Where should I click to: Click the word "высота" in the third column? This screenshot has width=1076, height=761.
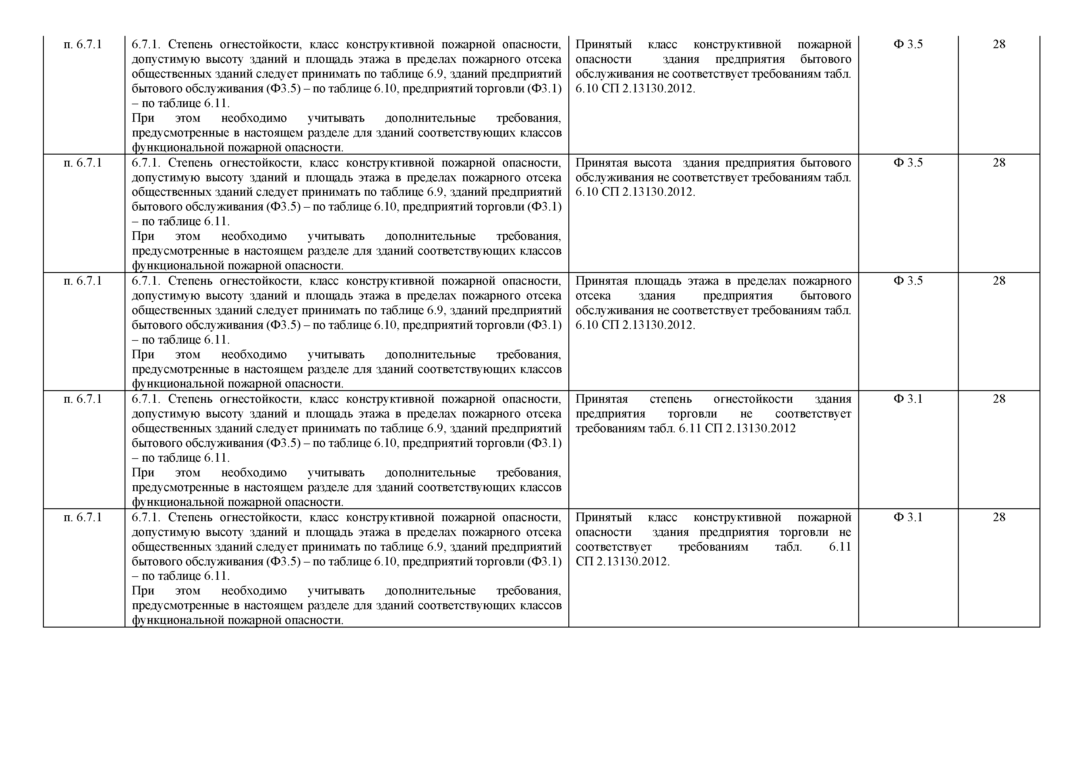point(653,163)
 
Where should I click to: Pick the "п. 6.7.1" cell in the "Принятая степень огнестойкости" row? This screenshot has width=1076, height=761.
point(83,399)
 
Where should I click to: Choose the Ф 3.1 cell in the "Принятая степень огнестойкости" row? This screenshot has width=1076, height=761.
point(908,399)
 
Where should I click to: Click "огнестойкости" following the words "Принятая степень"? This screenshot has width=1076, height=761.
point(753,399)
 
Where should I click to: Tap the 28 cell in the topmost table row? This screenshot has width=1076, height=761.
point(999,44)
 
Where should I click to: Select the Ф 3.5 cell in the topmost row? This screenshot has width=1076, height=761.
point(908,44)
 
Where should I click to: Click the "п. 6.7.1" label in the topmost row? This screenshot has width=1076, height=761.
point(83,44)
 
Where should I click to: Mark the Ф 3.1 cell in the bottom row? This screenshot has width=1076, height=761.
point(908,517)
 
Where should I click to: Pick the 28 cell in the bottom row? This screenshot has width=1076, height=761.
point(999,517)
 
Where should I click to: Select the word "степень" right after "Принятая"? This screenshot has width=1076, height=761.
point(670,399)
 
